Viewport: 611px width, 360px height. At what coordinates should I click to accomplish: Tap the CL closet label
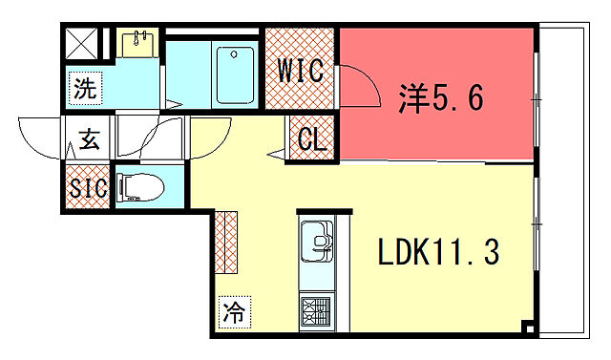[x=311, y=139]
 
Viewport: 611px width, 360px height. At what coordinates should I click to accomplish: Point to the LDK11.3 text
[x=437, y=253]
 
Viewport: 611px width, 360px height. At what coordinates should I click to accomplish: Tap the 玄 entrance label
[x=89, y=141]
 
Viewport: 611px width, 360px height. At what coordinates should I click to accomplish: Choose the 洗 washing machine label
[x=86, y=91]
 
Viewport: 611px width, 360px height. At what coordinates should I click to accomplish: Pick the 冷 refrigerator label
[x=233, y=310]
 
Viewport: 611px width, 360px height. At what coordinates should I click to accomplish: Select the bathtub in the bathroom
[x=236, y=74]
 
